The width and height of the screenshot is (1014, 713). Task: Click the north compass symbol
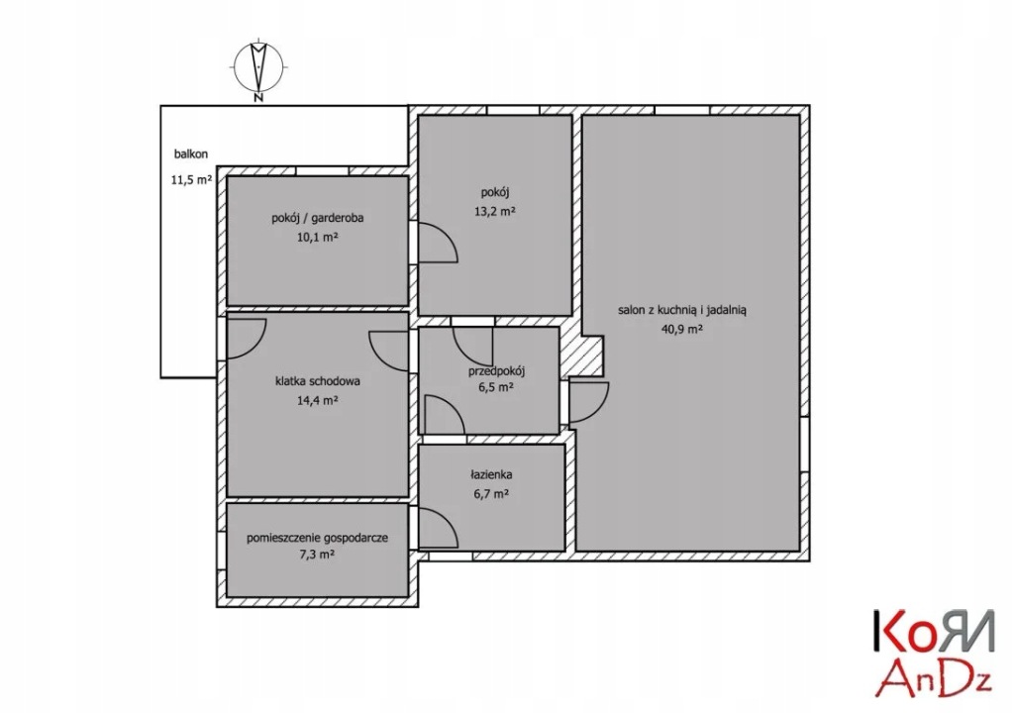(x=257, y=67)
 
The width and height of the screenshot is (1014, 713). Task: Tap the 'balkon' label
(x=189, y=154)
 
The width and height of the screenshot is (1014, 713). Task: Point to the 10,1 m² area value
(x=319, y=238)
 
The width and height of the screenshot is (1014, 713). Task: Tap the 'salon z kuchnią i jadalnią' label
(x=682, y=309)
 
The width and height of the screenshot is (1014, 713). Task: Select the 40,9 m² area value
(x=682, y=330)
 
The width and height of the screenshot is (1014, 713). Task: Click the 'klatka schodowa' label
(x=318, y=380)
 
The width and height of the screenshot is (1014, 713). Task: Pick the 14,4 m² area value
(x=319, y=400)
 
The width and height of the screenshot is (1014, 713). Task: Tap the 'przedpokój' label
(x=496, y=371)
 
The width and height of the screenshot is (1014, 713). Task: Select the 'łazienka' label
(x=491, y=475)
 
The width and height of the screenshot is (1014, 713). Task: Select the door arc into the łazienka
(x=437, y=527)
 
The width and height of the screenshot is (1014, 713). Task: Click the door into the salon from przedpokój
(x=588, y=401)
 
